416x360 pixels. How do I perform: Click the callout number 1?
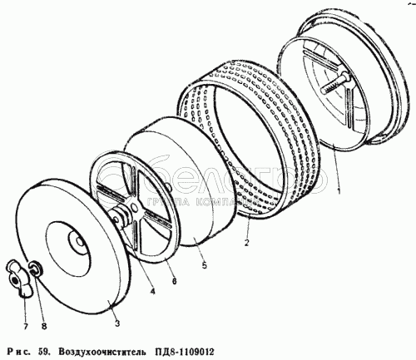(338, 190)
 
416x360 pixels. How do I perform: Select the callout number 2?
(246, 243)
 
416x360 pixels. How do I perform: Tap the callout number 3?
(117, 323)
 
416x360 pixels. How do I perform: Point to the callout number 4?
(152, 292)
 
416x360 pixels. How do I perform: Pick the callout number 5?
(205, 265)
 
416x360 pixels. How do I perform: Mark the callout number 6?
(174, 281)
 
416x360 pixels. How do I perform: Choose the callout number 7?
(26, 327)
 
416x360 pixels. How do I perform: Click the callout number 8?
(44, 327)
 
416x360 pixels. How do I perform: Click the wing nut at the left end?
(18, 278)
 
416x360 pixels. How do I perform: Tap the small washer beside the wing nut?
(35, 269)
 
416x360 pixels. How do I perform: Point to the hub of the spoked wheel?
(133, 206)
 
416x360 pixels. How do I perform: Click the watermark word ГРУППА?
(170, 203)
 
